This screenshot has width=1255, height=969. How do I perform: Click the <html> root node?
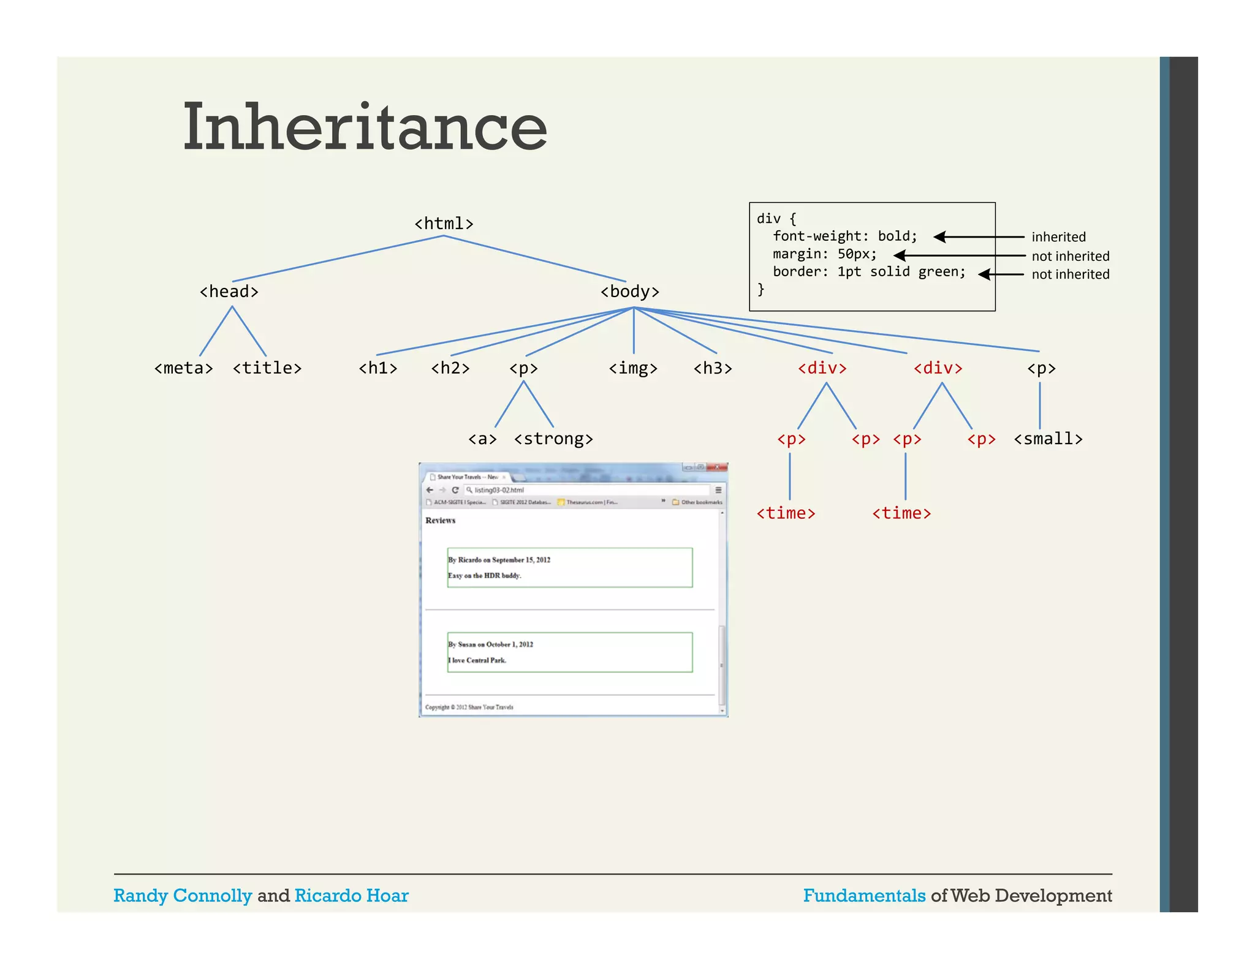pyautogui.click(x=444, y=224)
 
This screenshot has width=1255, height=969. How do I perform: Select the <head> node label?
pyautogui.click(x=229, y=292)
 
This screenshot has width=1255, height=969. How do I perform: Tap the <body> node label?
pyautogui.click(x=630, y=292)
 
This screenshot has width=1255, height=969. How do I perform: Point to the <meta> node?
pyautogui.click(x=183, y=368)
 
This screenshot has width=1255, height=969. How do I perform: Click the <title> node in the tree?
pyautogui.click(x=267, y=368)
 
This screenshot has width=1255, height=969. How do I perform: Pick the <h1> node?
pyautogui.click(x=378, y=368)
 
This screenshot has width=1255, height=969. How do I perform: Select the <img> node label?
pyautogui.click(x=633, y=368)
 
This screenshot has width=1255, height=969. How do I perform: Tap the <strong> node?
pyautogui.click(x=553, y=439)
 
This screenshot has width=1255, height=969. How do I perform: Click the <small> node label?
pyautogui.click(x=1048, y=439)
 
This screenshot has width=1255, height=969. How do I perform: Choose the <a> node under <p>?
pyautogui.click(x=482, y=439)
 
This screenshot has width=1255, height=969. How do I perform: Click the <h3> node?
pyautogui.click(x=713, y=368)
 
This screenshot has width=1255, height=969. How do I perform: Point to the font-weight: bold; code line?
pyautogui.click(x=844, y=236)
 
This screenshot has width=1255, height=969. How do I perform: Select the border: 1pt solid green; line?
pyautogui.click(x=868, y=272)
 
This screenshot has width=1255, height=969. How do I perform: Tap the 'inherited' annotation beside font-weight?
pyautogui.click(x=1058, y=237)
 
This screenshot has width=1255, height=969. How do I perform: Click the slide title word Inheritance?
pyautogui.click(x=365, y=127)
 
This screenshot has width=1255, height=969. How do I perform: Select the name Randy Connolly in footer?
pyautogui.click(x=183, y=895)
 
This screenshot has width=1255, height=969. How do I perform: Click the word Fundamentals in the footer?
pyautogui.click(x=864, y=895)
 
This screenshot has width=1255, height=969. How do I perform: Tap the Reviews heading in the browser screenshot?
pyautogui.click(x=440, y=521)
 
